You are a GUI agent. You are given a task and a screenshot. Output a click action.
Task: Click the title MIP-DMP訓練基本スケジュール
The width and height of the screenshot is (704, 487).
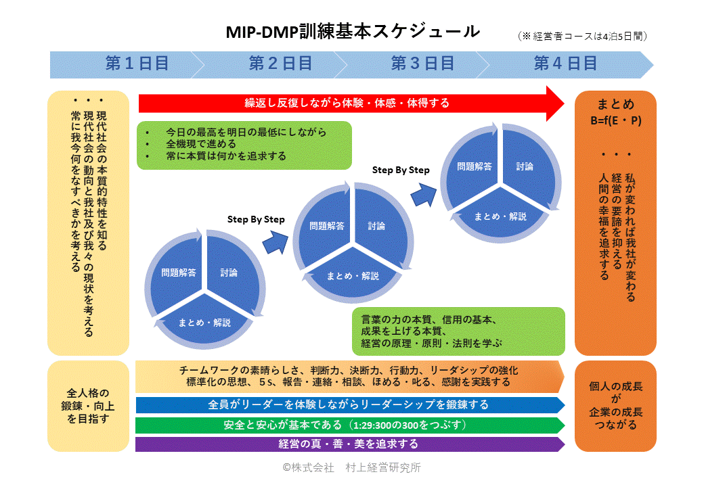(353, 31)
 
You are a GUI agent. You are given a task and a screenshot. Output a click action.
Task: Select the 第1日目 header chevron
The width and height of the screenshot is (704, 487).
(127, 64)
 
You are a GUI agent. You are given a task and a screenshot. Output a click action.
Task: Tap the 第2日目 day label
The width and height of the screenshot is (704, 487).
(281, 64)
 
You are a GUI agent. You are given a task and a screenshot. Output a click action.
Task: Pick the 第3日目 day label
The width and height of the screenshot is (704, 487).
(422, 64)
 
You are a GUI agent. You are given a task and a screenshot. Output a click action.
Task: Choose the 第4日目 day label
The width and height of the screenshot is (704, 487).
(565, 64)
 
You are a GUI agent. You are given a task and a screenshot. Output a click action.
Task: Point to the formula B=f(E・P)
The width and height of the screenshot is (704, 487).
(615, 120)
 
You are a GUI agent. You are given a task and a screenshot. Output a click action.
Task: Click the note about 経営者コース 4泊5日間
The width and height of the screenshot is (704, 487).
(582, 37)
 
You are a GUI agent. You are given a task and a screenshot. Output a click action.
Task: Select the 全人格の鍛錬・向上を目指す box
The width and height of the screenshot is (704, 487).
(89, 406)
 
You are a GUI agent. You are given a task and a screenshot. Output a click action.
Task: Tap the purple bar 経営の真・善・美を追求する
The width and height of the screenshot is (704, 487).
(350, 444)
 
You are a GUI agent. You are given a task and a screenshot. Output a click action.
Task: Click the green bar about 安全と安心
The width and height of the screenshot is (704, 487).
(350, 425)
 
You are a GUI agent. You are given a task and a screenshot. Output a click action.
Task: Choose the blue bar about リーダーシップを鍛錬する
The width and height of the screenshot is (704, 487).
(350, 405)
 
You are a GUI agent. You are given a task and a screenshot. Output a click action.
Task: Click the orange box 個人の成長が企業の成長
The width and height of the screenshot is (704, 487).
(615, 406)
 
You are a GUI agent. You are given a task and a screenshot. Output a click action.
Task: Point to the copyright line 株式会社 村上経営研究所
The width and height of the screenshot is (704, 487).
(351, 467)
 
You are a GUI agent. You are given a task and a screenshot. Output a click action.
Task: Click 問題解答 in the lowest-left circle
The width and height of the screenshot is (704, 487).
(179, 273)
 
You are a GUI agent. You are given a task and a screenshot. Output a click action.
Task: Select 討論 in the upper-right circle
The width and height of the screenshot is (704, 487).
(525, 167)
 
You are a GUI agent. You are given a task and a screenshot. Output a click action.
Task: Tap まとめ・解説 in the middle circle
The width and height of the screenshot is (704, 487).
(353, 276)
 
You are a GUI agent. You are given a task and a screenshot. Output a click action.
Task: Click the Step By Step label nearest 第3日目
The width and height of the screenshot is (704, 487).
(401, 170)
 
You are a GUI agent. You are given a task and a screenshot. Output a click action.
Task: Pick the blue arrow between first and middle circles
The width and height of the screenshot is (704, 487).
(276, 243)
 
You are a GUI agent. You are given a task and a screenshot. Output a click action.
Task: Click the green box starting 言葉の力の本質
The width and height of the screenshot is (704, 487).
(458, 331)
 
